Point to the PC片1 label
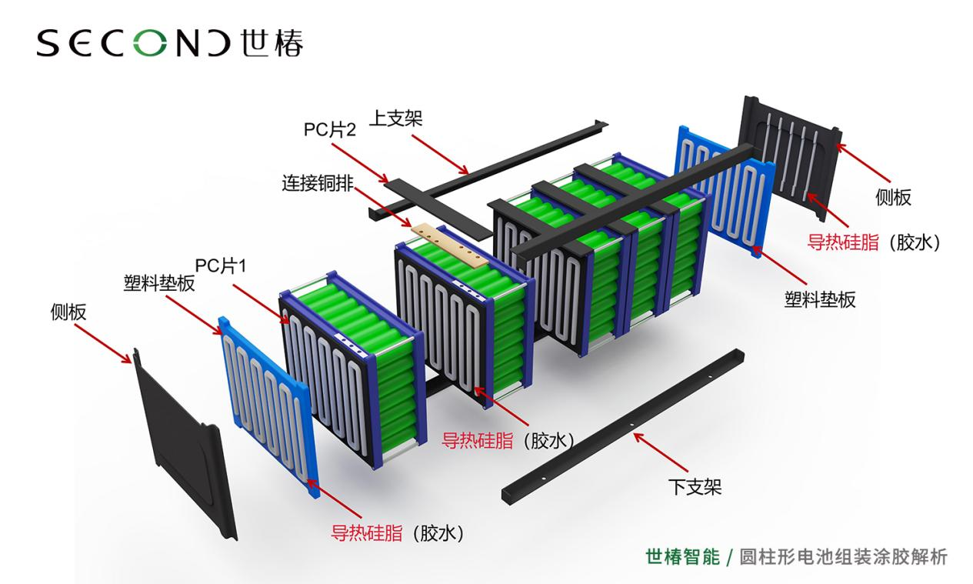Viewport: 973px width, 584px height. [221, 265]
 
